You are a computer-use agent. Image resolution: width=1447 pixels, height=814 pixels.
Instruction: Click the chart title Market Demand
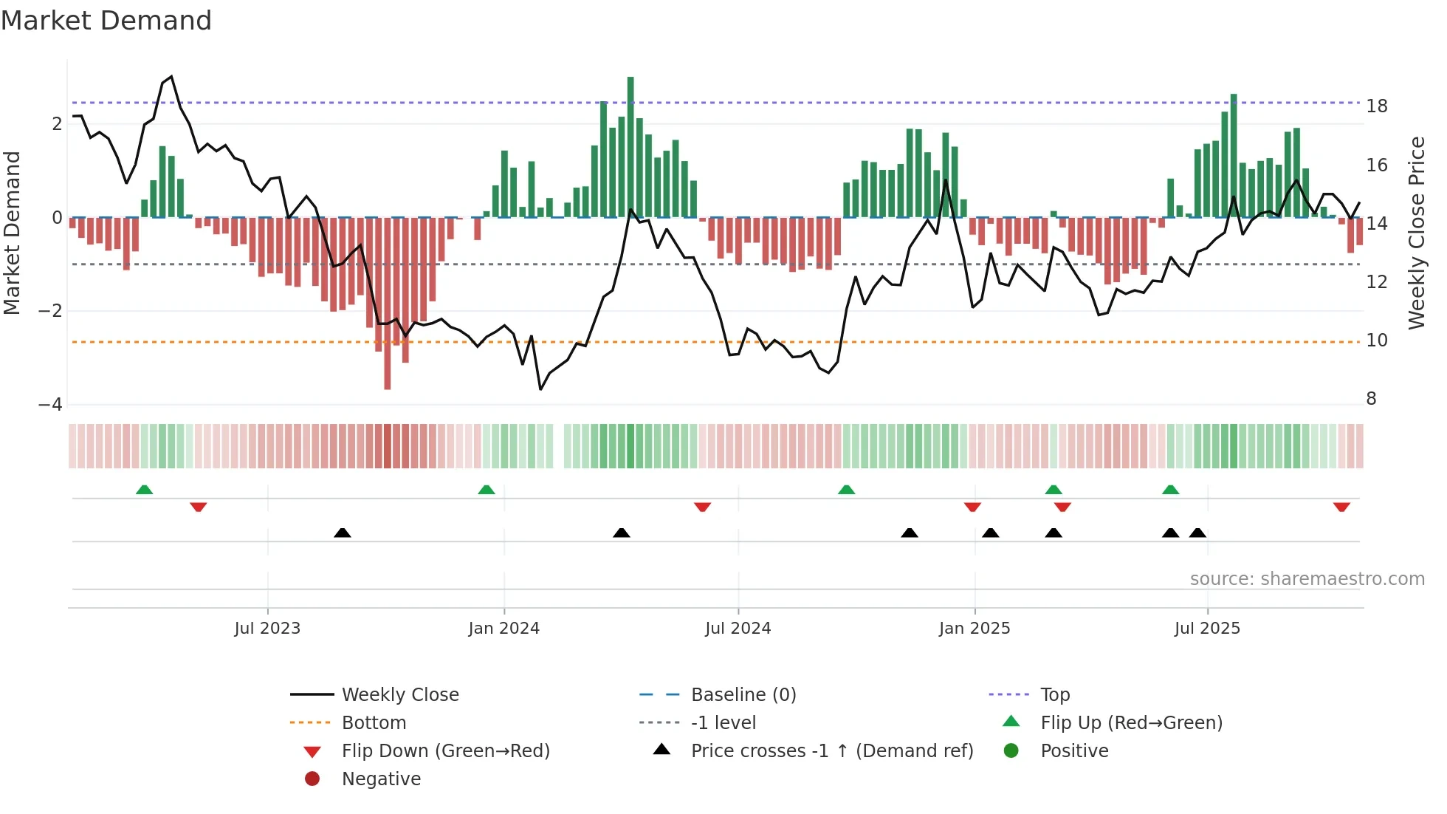[106, 21]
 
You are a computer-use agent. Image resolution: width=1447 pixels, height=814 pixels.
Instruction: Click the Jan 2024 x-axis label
[503, 629]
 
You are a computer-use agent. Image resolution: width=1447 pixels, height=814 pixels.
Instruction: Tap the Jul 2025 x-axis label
[1207, 629]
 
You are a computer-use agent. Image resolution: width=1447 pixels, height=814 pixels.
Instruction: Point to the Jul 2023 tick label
[267, 629]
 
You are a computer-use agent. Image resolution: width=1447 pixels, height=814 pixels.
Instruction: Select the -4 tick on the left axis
[50, 405]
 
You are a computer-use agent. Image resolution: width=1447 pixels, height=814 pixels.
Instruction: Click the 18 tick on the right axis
[1377, 106]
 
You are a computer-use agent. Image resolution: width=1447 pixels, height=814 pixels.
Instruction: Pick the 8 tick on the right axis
[1371, 399]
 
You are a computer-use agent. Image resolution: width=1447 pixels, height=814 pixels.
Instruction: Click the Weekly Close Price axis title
[1416, 233]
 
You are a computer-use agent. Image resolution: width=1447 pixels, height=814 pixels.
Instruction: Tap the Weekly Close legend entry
[399, 695]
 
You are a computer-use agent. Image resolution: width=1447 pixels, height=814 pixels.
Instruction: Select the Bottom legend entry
[374, 723]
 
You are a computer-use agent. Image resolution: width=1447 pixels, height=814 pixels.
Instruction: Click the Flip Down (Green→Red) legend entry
[445, 751]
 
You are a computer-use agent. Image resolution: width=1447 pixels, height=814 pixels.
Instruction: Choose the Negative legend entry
[381, 779]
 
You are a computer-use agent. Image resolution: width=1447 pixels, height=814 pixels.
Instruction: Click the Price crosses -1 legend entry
[831, 751]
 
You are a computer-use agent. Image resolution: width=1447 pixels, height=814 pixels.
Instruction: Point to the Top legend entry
[1055, 695]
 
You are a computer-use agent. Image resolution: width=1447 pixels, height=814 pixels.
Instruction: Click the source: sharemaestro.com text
[1307, 579]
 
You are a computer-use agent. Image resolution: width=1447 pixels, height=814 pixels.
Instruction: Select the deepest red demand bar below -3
[387, 303]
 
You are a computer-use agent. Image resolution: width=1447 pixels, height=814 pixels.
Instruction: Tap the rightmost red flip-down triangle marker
[1341, 507]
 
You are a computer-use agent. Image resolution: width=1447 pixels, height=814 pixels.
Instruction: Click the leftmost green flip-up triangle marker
[145, 490]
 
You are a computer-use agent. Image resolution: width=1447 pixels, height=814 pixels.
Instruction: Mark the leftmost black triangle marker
[343, 533]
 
